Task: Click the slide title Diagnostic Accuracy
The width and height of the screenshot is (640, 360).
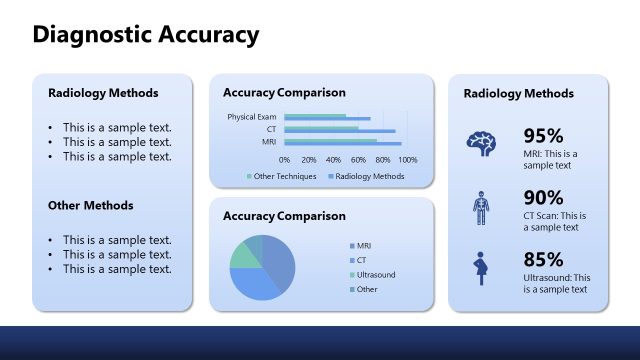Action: (145, 36)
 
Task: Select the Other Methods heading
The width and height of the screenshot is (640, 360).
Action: (91, 206)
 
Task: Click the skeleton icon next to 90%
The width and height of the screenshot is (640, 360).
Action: (482, 207)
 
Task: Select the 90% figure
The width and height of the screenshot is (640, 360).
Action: (543, 197)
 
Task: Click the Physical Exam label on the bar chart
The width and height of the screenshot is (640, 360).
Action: (251, 117)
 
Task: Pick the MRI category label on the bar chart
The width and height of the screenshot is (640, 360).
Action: (269, 142)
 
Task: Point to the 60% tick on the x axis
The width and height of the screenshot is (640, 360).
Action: (358, 159)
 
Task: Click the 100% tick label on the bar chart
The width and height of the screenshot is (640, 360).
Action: (407, 159)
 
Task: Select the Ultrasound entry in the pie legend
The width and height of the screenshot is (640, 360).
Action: (376, 274)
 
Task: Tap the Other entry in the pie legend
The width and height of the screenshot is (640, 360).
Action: (367, 289)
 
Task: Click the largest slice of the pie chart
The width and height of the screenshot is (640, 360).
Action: (279, 262)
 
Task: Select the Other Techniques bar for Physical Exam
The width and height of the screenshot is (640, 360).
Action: (315, 116)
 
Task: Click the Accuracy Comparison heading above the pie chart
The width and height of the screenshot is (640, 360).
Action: (284, 216)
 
